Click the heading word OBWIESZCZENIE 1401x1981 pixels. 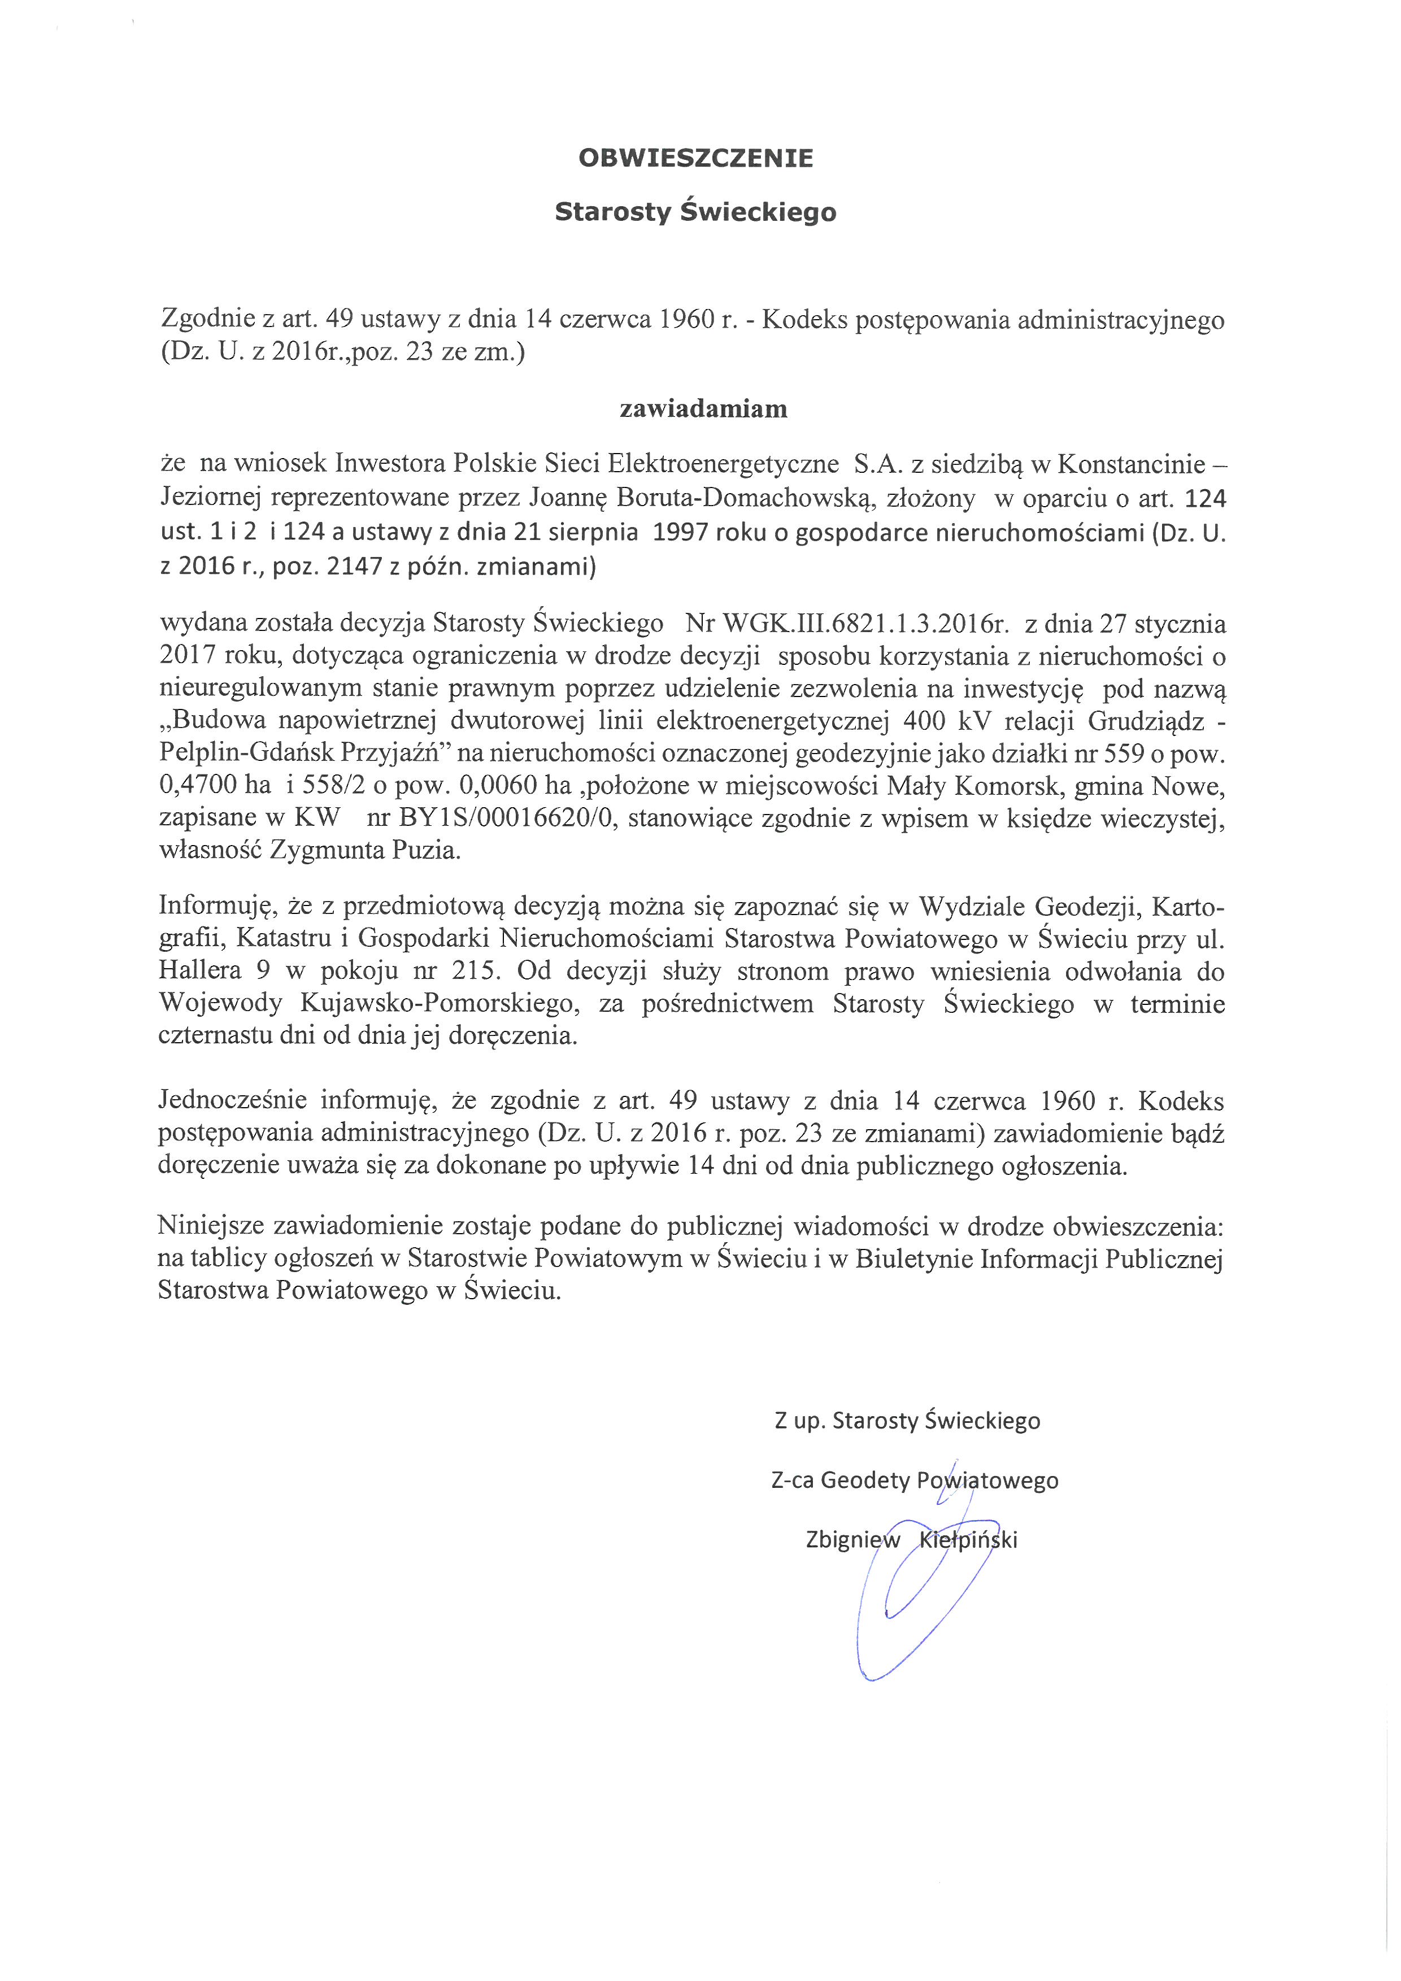pos(695,158)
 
